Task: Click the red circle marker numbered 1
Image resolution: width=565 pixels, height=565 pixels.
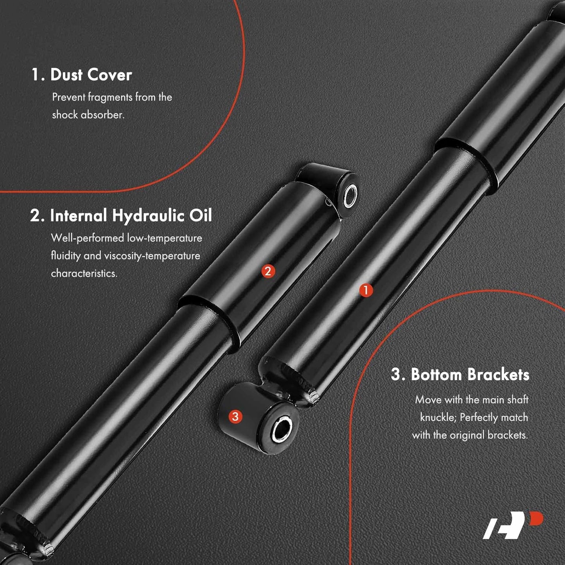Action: (x=366, y=290)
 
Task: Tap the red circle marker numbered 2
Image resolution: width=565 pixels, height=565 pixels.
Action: (x=268, y=271)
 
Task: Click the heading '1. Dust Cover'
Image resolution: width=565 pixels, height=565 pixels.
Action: (x=81, y=75)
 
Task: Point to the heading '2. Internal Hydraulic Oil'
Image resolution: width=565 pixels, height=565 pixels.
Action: (x=121, y=216)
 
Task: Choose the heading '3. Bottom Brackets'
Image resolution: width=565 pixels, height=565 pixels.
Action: (x=460, y=375)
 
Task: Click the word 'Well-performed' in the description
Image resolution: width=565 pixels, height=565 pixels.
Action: (x=87, y=238)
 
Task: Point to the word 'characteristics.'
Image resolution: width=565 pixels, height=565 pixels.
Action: (x=84, y=274)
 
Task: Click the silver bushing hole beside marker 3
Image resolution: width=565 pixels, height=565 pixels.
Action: (x=282, y=430)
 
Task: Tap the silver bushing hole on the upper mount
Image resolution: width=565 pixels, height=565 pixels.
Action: (x=350, y=196)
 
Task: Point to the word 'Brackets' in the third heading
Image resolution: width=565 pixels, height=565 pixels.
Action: (x=499, y=375)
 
